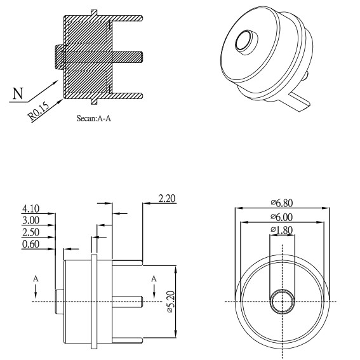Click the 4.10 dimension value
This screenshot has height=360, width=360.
pos(30,209)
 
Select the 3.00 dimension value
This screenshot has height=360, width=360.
pos(30,220)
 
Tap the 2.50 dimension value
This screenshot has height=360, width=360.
pos(30,232)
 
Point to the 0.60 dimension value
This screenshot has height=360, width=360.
pos(30,244)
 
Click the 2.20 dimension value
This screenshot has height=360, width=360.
pos(167,198)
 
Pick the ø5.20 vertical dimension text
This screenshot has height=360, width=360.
pos(171,302)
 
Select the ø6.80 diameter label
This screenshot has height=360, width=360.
pos(282,203)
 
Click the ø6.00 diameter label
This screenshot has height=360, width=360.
pos(282,217)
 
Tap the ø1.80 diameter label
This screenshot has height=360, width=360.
pos(282,230)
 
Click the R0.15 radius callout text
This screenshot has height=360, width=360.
pos(38,111)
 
